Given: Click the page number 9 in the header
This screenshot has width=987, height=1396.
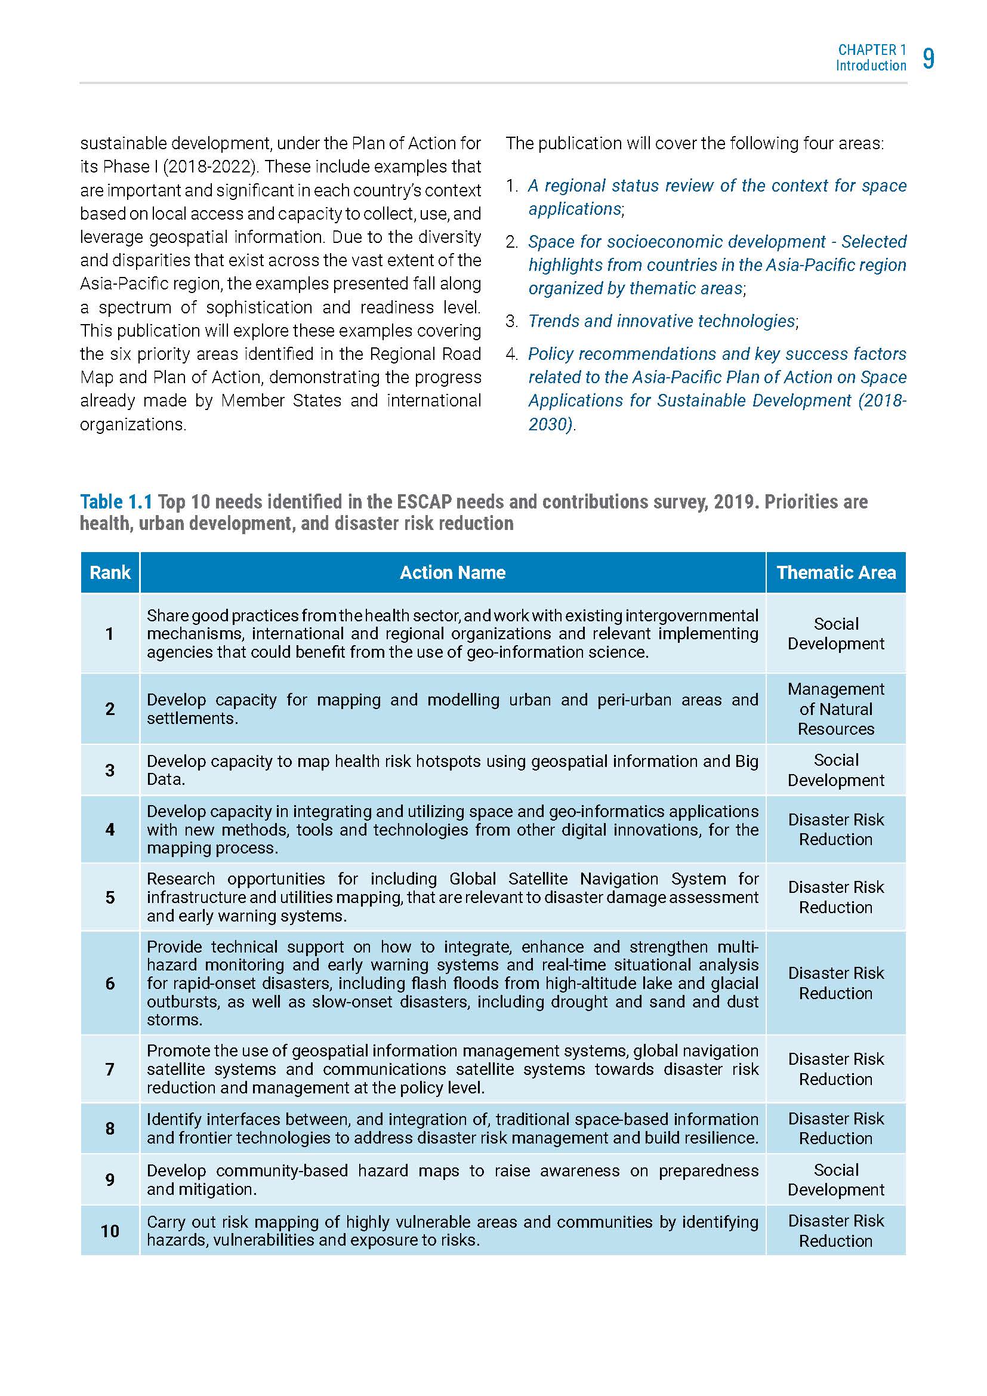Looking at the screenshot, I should click(x=928, y=58).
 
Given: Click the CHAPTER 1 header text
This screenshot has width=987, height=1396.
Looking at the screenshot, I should click(x=871, y=50).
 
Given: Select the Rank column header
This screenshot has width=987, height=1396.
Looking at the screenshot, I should click(x=110, y=572).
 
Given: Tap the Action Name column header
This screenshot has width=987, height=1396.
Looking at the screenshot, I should click(x=452, y=572).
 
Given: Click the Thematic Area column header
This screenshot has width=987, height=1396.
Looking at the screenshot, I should click(x=835, y=572).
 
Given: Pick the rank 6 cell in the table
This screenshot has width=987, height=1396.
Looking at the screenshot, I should click(x=110, y=983).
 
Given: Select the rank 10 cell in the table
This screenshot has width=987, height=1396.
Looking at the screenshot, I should click(x=110, y=1231).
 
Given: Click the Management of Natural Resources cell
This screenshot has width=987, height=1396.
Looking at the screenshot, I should click(x=835, y=709).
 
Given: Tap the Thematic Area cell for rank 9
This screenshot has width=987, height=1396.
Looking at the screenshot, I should click(x=835, y=1179).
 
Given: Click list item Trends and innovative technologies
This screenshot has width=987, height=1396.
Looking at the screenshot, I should click(x=661, y=321).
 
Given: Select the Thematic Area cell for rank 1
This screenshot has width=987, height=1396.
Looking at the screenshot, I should click(x=835, y=634).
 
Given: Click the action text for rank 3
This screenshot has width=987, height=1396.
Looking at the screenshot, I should click(x=452, y=771).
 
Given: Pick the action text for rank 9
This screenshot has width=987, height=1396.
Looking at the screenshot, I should click(x=452, y=1179).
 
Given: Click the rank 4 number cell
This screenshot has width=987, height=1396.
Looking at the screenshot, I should click(x=110, y=830).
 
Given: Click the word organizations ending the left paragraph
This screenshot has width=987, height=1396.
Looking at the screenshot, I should click(x=132, y=424).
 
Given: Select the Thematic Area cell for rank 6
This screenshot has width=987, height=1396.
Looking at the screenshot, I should click(x=835, y=983).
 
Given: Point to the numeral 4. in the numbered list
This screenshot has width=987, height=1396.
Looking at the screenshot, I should click(x=512, y=354).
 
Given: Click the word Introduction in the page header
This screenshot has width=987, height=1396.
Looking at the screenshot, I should click(x=870, y=66).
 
